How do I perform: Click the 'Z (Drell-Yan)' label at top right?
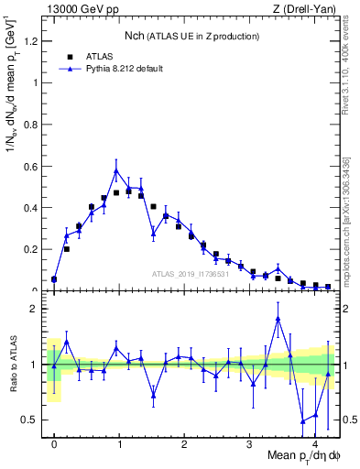pyautogui.click(x=306, y=9)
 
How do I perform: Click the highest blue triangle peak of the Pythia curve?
pyautogui.click(x=116, y=170)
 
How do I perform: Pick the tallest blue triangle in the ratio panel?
pyautogui.click(x=278, y=318)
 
